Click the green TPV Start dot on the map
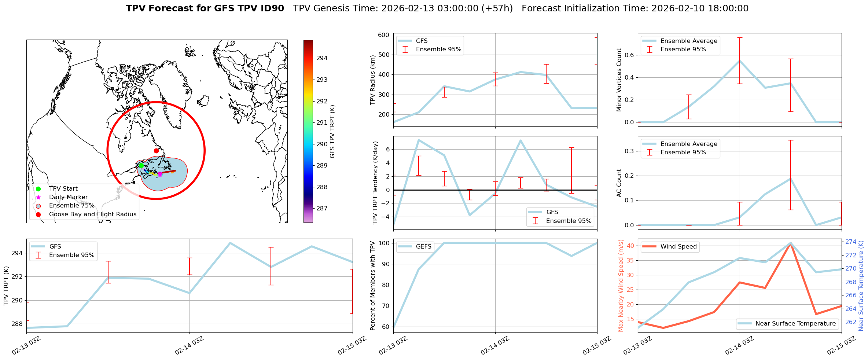point(141,165)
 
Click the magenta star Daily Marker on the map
point(160,174)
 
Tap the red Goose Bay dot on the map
point(156,151)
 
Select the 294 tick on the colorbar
point(322,58)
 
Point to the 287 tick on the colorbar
point(322,209)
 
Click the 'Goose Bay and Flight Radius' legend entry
point(92,214)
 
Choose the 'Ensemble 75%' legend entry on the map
point(71,206)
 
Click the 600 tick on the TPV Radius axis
point(383,35)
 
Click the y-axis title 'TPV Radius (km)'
point(373,80)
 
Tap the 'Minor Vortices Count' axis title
point(619,80)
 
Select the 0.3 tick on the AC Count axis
point(629,151)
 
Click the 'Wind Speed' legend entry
point(678,247)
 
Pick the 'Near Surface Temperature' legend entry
point(795,323)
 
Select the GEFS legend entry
point(423,247)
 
